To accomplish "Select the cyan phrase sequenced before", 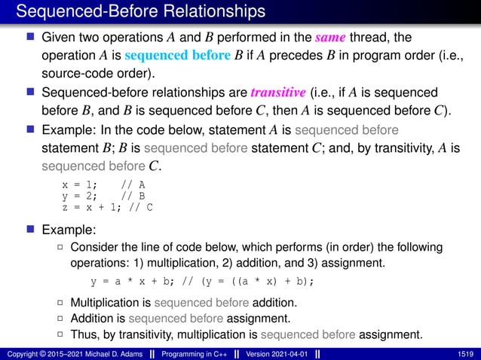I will pyautogui.click(x=173, y=55).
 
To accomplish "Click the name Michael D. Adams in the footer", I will pyautogui.click(x=114, y=353).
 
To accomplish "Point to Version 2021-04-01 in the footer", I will pyautogui.click(x=277, y=353).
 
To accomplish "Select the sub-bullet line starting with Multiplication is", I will pyautogui.click(x=183, y=303).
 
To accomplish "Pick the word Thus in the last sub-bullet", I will pyautogui.click(x=82, y=334).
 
